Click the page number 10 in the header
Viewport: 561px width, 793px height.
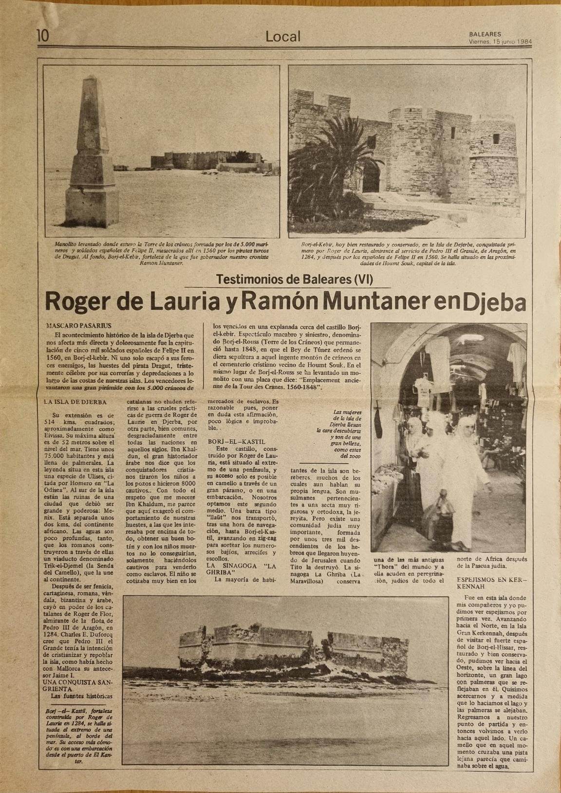pyautogui.click(x=42, y=36)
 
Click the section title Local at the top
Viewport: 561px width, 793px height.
pyautogui.click(x=283, y=36)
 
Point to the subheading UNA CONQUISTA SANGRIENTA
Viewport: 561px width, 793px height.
pyautogui.click(x=77, y=685)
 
